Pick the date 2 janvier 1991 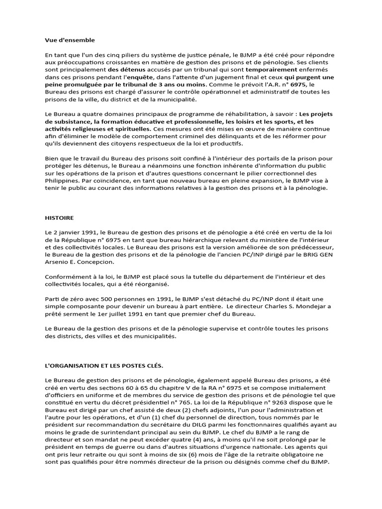[x=74, y=233]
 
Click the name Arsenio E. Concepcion [x=78, y=262]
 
